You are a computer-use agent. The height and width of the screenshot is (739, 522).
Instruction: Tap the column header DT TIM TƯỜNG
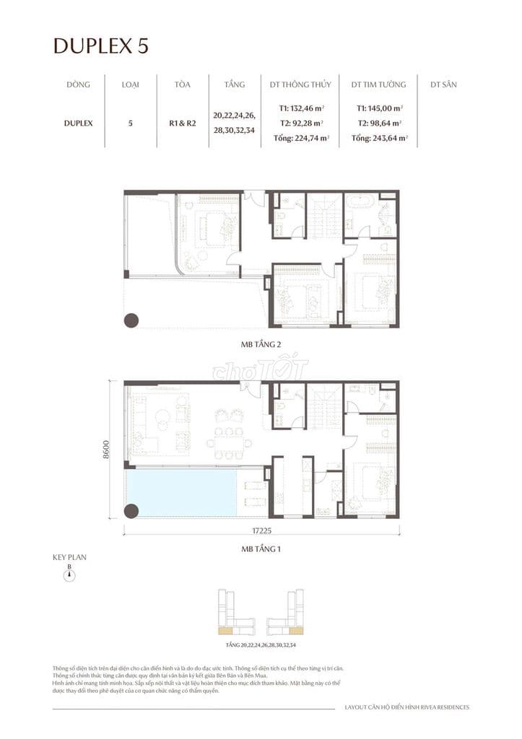378,84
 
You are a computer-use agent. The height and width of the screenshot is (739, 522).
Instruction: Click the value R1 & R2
182,123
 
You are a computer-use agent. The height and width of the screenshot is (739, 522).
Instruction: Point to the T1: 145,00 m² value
378,108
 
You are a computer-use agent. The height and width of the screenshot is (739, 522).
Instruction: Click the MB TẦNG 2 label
261,347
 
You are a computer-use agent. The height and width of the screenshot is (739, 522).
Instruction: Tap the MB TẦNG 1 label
261,549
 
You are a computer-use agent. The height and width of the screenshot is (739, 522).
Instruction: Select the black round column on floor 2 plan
132,320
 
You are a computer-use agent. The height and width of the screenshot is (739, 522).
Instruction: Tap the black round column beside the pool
131,511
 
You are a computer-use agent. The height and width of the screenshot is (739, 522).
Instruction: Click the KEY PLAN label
69,557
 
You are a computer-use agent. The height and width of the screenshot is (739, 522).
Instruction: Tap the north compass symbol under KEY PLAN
70,574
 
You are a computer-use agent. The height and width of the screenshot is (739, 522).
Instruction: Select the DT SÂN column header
443,84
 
